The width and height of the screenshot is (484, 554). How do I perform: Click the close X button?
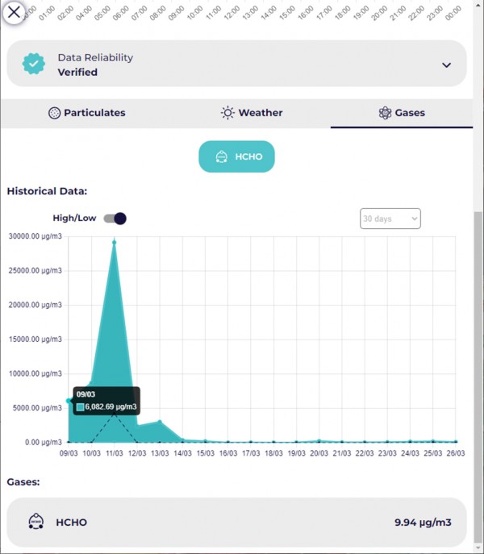point(14,12)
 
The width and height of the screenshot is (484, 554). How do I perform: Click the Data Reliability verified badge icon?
point(34,65)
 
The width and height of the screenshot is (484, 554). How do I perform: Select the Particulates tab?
point(87,113)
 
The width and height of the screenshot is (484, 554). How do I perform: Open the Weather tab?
point(252,113)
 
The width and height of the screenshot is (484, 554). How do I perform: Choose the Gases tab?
point(402,113)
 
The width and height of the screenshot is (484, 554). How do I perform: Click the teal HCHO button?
point(237,156)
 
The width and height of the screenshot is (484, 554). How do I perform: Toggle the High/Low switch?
point(115,219)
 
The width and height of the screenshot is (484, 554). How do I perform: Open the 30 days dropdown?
point(390,219)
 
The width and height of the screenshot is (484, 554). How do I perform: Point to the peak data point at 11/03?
point(115,242)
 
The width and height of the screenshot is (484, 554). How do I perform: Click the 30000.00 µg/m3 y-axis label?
point(34,236)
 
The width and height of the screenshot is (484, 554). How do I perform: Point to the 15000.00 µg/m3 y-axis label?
point(34,339)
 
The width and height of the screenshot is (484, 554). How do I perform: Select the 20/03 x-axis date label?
point(319,453)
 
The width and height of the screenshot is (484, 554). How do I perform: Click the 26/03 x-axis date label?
point(456,453)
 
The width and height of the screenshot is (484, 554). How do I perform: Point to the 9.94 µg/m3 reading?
point(423,523)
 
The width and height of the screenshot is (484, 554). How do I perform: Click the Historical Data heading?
point(47,191)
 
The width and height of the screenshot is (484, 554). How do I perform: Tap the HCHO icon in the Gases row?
point(35,522)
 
